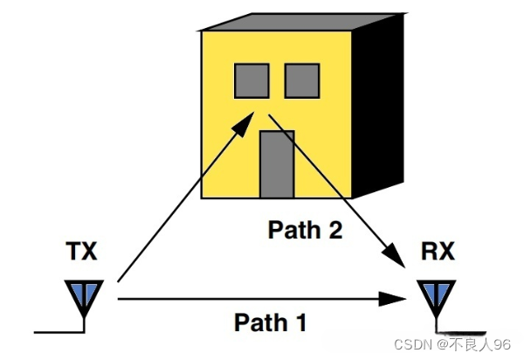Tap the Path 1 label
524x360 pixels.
[x=270, y=322]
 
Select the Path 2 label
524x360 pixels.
[x=304, y=231]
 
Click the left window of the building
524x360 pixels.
[x=251, y=81]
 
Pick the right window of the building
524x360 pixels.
[x=303, y=81]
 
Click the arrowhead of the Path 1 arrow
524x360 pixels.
[x=390, y=299]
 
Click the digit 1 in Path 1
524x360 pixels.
[x=300, y=322]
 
